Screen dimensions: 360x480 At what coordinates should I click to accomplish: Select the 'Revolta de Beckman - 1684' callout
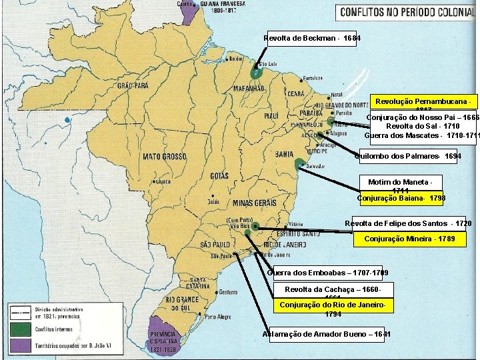[x=312, y=38]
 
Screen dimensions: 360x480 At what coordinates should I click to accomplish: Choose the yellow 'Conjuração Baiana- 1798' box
[x=401, y=198]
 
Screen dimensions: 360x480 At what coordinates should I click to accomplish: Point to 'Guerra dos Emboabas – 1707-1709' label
[x=327, y=273]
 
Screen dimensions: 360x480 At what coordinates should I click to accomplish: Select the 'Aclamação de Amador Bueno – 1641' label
[x=327, y=333]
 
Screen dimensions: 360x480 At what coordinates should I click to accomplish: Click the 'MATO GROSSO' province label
[x=164, y=157]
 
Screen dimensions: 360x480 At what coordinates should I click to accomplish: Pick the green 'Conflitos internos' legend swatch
[x=19, y=329]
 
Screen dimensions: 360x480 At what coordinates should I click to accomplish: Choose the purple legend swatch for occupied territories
[x=19, y=345]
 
